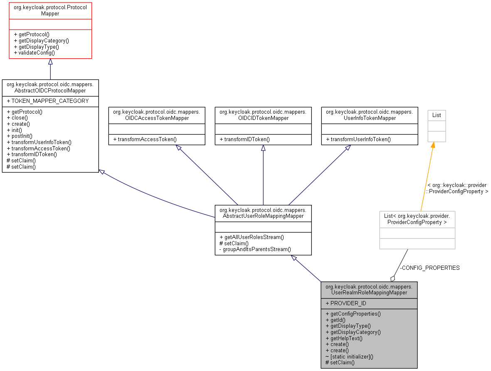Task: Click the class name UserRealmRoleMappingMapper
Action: (x=369, y=293)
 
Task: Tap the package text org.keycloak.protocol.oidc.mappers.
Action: (x=369, y=287)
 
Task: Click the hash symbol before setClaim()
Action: (x=327, y=363)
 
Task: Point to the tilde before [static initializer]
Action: (x=327, y=357)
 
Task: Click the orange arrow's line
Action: (x=427, y=177)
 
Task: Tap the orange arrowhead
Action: (x=433, y=145)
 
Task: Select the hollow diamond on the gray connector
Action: (x=392, y=278)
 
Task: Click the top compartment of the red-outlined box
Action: (x=50, y=11)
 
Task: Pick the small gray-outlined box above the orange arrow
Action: (x=437, y=126)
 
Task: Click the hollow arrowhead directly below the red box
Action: (x=50, y=62)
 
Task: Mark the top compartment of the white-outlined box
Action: (x=417, y=219)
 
